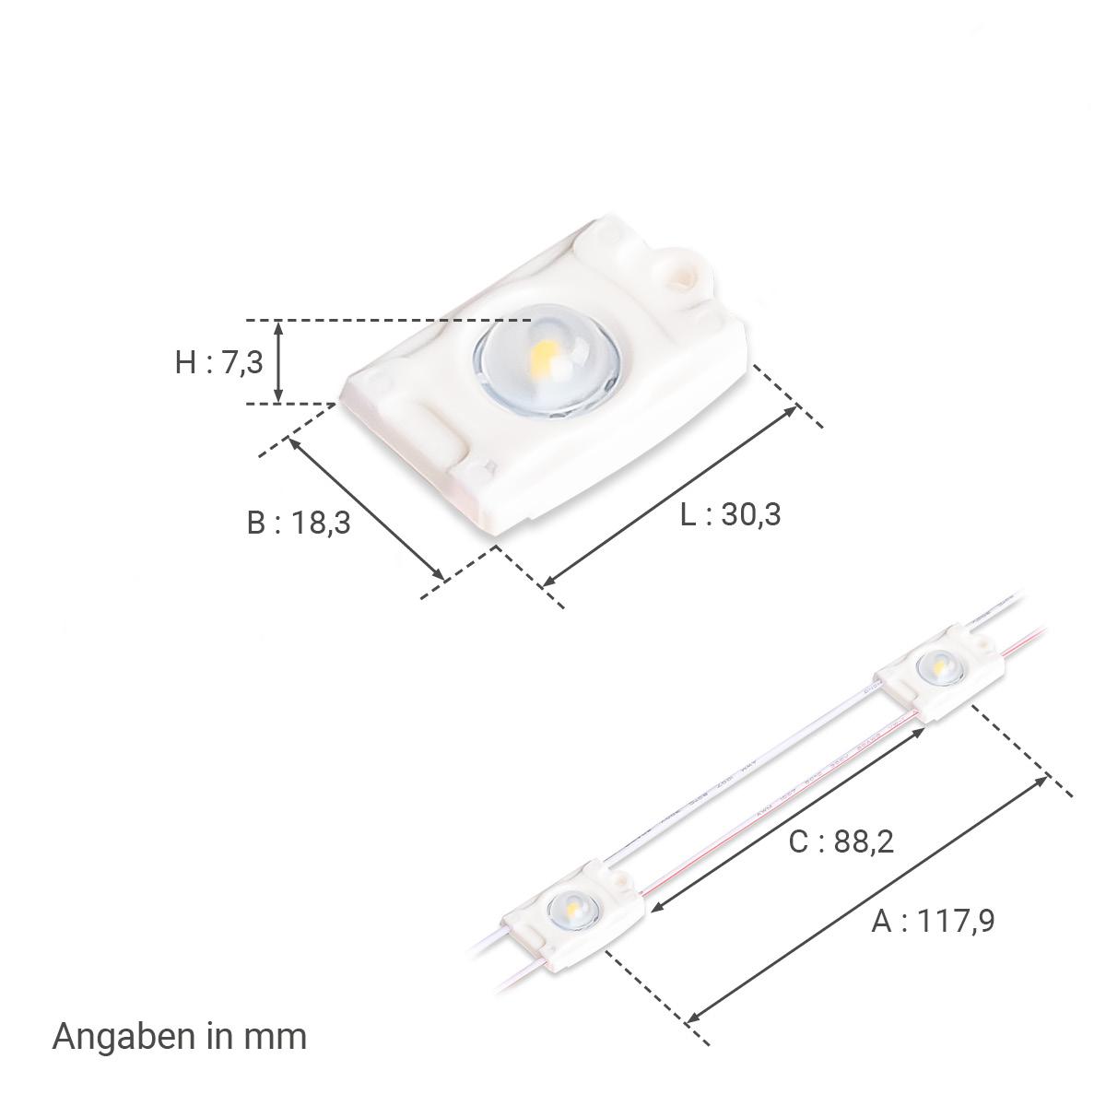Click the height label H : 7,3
[x=218, y=362]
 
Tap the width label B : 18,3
[x=299, y=523]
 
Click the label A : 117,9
[x=933, y=936]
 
